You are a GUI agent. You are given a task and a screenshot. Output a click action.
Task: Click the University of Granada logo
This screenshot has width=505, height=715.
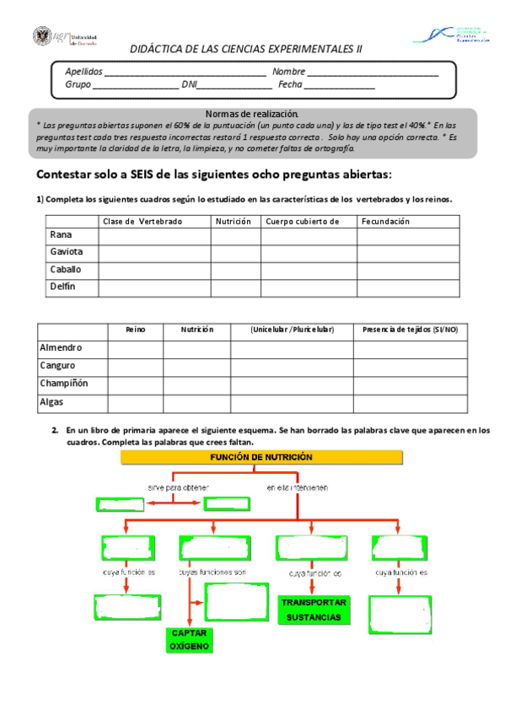pyautogui.click(x=65, y=37)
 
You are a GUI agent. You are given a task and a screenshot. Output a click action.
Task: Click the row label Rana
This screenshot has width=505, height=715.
pyautogui.click(x=60, y=234)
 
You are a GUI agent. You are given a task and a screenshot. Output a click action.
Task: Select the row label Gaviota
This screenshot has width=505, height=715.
pyautogui.click(x=65, y=252)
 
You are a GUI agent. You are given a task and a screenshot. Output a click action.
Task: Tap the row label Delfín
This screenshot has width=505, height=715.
pyautogui.click(x=62, y=287)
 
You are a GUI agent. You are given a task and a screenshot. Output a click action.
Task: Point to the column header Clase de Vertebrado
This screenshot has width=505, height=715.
pyautogui.click(x=142, y=221)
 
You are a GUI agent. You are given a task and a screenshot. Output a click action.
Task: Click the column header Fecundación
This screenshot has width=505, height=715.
pyautogui.click(x=385, y=221)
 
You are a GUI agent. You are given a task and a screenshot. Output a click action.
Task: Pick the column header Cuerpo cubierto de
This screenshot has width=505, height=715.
pyautogui.click(x=302, y=221)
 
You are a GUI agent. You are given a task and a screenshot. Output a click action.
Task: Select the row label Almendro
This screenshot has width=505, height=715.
pyautogui.click(x=61, y=347)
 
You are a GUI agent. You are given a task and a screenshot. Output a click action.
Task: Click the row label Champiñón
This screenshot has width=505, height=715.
pyautogui.click(x=64, y=384)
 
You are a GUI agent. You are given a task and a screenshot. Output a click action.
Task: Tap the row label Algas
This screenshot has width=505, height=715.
pyautogui.click(x=52, y=402)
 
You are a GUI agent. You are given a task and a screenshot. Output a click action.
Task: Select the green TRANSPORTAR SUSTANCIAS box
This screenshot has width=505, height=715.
pyautogui.click(x=312, y=610)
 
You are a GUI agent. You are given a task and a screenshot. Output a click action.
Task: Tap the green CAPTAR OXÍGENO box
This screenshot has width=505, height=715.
pyautogui.click(x=190, y=639)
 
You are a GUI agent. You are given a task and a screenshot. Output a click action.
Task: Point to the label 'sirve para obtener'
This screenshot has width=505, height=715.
pyautogui.click(x=178, y=487)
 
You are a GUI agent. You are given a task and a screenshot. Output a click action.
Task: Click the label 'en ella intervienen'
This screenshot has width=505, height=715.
pyautogui.click(x=298, y=487)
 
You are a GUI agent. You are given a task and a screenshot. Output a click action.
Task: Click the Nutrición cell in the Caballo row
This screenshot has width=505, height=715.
pyautogui.click(x=235, y=270)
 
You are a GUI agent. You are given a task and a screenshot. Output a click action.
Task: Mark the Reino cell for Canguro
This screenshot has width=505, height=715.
pyautogui.click(x=135, y=366)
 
